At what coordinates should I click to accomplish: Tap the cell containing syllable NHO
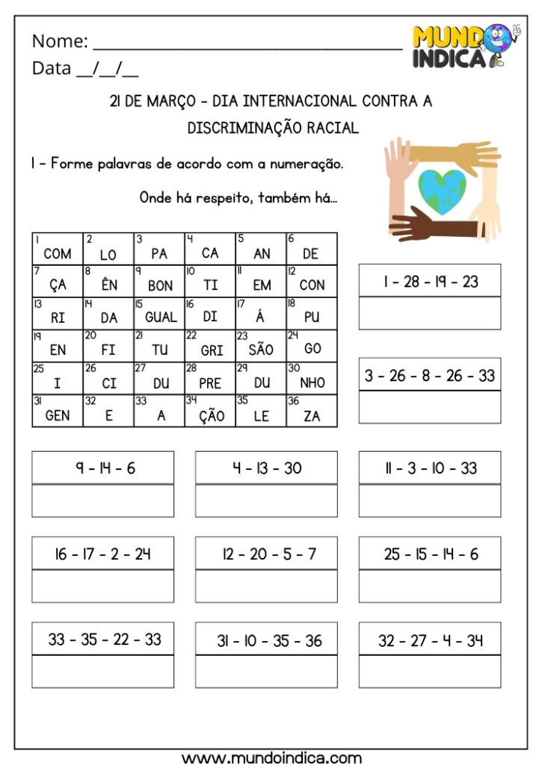click(312, 380)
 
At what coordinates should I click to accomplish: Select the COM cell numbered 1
click(58, 250)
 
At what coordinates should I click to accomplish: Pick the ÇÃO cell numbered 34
click(210, 412)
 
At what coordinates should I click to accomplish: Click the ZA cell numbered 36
click(312, 412)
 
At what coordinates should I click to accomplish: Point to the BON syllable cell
click(159, 282)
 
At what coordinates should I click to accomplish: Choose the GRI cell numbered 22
click(210, 347)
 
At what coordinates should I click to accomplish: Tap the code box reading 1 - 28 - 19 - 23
click(430, 281)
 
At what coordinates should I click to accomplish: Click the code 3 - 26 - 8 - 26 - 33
click(430, 375)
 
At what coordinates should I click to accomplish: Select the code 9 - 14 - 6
click(103, 468)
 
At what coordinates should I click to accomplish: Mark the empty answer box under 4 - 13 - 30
click(266, 501)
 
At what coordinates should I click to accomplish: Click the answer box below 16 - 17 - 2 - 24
click(103, 586)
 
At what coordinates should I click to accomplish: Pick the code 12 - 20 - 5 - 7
click(266, 554)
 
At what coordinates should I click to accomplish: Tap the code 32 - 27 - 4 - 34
click(430, 639)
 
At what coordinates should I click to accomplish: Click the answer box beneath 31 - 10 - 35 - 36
click(266, 672)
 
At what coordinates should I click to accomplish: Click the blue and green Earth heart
click(443, 190)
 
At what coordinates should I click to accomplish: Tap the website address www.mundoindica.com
click(271, 758)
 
